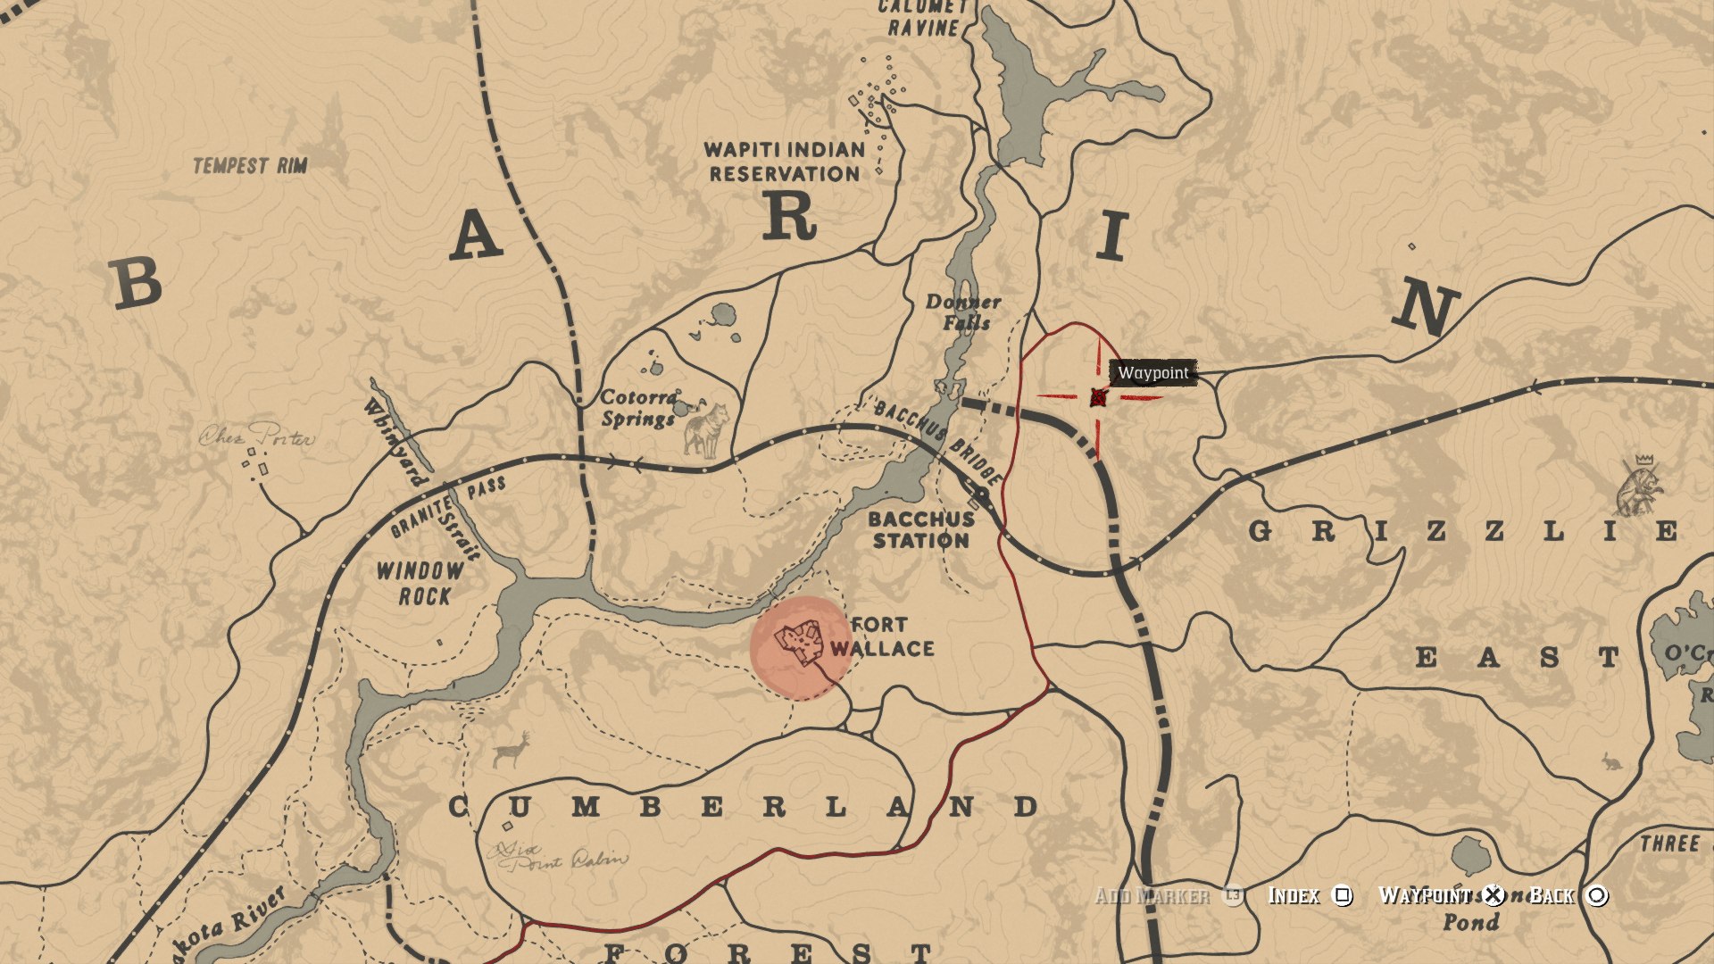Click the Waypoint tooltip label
1153,372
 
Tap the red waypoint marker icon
1098,397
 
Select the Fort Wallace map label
882,636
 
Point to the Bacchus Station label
921,529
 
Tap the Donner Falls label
963,312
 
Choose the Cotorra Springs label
639,408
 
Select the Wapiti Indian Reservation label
785,162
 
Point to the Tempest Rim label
250,165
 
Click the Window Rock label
420,583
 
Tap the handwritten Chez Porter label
256,436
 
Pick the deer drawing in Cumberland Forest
512,752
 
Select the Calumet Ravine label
923,18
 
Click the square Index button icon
1342,895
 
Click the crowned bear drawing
1641,486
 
